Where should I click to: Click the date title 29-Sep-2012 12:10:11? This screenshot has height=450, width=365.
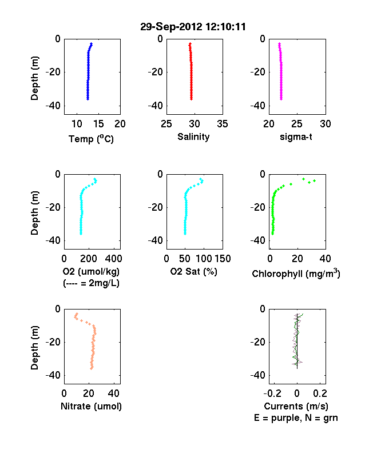click(x=193, y=27)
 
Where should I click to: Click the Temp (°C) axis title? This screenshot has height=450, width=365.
click(x=91, y=139)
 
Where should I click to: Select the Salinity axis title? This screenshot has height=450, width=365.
click(x=193, y=136)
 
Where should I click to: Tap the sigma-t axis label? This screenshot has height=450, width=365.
click(x=296, y=137)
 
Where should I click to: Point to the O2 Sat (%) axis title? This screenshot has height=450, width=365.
click(x=193, y=271)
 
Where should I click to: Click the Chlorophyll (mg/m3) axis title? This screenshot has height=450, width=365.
click(x=296, y=273)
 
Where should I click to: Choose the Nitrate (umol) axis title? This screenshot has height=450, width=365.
click(x=91, y=407)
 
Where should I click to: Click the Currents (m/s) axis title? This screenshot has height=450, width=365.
click(x=296, y=407)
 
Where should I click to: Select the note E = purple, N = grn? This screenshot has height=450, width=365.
click(x=296, y=418)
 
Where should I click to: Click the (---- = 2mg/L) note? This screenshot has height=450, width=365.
click(x=91, y=283)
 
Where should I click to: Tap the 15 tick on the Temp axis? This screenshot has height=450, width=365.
click(x=98, y=124)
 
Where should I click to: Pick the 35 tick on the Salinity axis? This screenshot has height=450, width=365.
click(x=223, y=124)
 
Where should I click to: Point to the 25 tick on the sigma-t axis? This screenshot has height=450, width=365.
click(x=297, y=124)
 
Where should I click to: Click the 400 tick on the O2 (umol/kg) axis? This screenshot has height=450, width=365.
click(x=113, y=259)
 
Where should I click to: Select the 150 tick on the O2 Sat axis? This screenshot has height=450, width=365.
click(x=223, y=259)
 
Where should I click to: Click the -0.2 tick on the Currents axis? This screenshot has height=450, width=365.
click(x=273, y=393)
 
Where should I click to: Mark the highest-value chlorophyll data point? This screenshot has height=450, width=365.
click(x=315, y=180)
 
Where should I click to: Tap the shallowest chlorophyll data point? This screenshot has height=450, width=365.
click(x=303, y=179)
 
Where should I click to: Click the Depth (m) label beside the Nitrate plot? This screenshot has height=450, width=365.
click(x=34, y=348)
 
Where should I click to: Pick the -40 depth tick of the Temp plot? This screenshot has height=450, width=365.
click(x=53, y=106)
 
